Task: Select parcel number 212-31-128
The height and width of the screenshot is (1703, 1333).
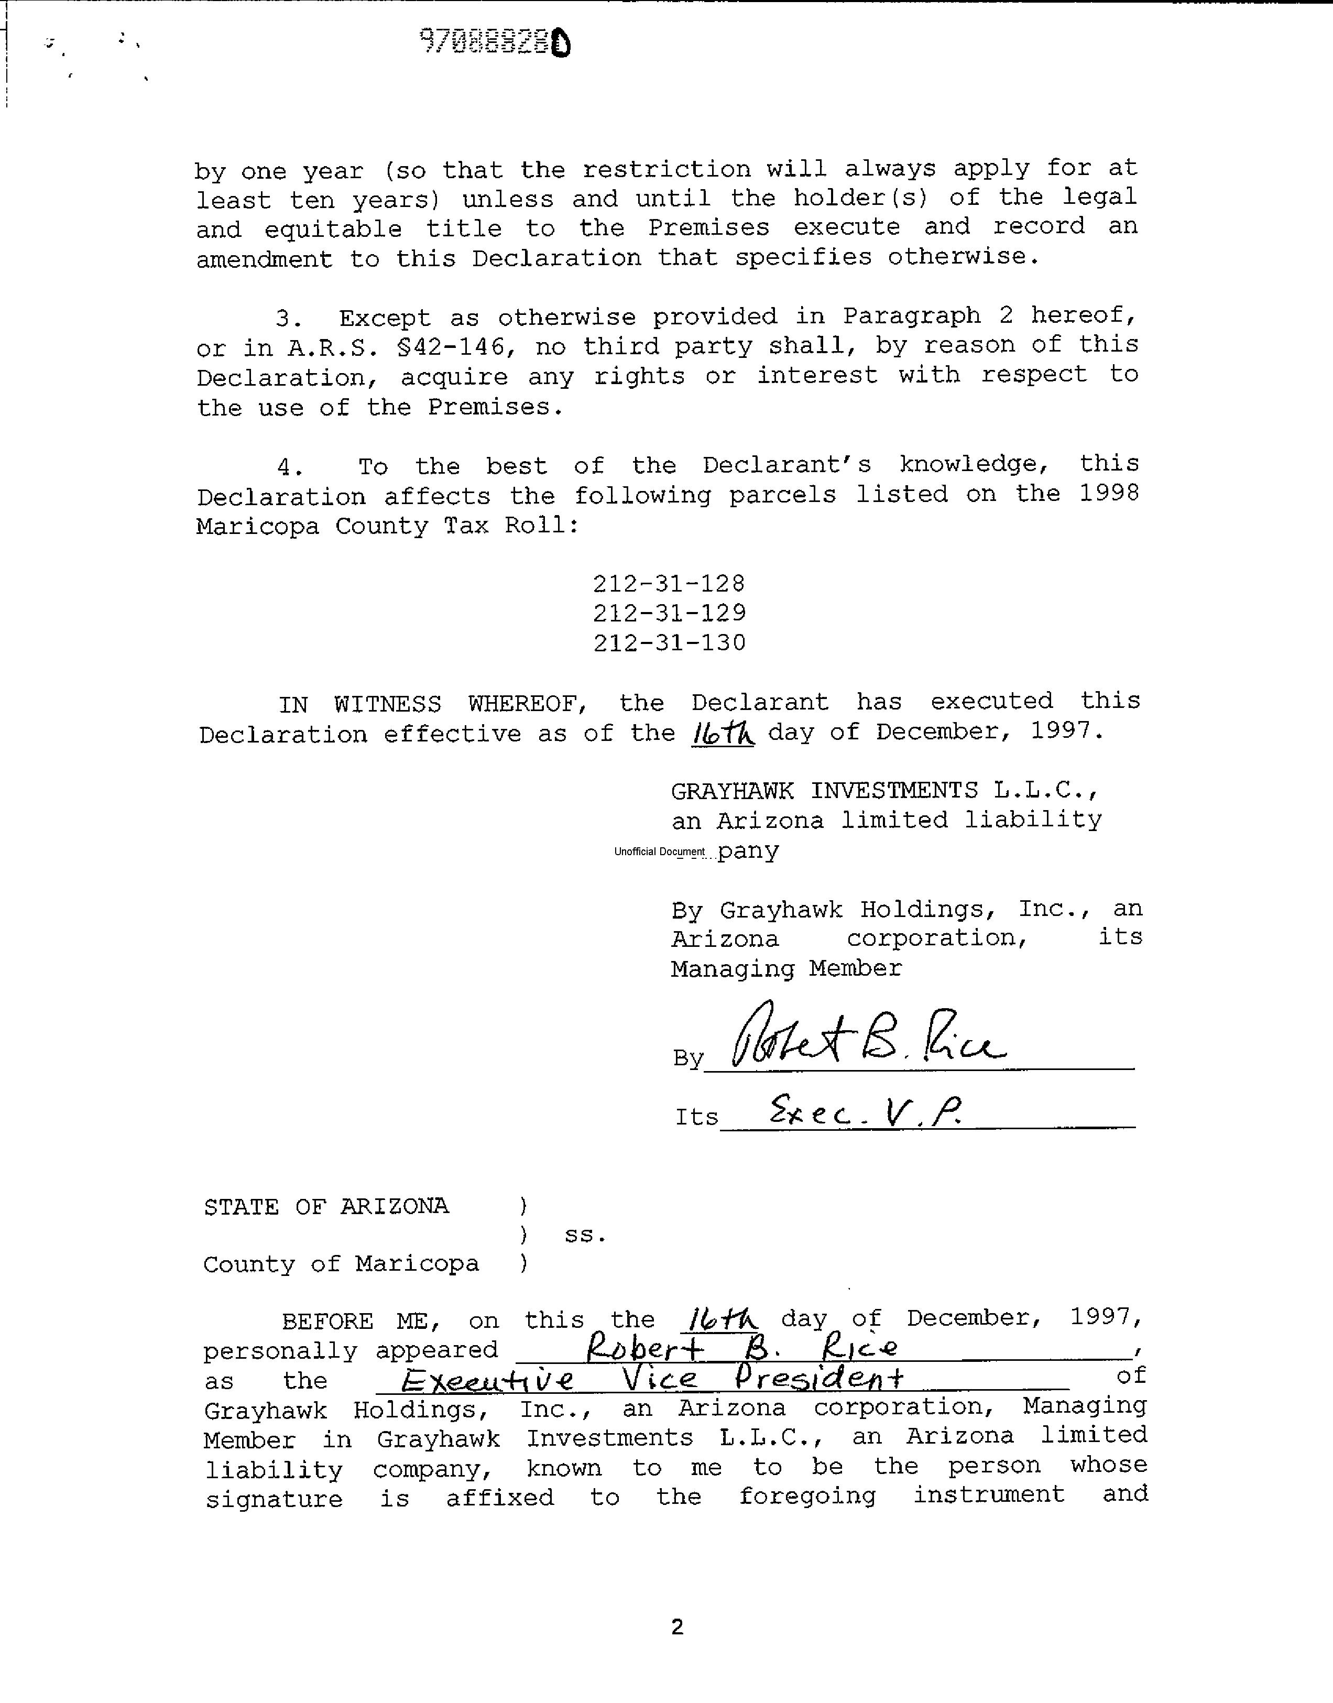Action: [x=669, y=583]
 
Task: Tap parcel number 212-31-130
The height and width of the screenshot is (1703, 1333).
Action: [x=669, y=642]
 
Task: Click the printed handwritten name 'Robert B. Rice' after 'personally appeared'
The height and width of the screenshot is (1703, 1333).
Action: [x=741, y=1348]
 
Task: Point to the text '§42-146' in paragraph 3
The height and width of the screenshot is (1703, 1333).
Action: [x=456, y=346]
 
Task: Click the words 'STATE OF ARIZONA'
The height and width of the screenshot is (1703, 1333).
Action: [x=326, y=1207]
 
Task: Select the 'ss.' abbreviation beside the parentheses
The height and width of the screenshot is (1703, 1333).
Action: [x=585, y=1236]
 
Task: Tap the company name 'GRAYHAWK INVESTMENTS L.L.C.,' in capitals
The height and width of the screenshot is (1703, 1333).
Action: [x=885, y=791]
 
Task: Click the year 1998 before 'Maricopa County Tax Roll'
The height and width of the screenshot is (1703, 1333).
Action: [x=1109, y=493]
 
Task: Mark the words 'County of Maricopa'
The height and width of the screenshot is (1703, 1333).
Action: [x=341, y=1264]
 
